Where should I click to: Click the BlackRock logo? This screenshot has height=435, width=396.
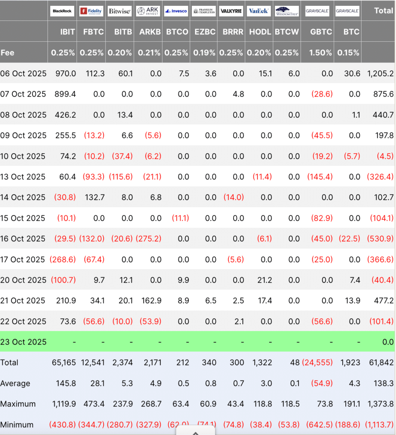click(62, 11)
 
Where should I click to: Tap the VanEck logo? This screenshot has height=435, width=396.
click(259, 11)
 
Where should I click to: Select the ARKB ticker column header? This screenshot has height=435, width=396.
click(150, 32)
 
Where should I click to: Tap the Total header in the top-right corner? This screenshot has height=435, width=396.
click(383, 10)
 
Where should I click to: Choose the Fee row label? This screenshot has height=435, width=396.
click(7, 53)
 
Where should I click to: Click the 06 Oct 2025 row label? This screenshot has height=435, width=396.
click(23, 73)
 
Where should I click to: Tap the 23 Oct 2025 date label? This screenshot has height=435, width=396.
click(23, 342)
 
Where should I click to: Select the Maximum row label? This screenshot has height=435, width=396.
click(18, 404)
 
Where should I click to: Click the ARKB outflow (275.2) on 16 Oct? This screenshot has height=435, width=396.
click(148, 239)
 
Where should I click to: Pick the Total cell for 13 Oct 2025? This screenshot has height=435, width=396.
click(380, 177)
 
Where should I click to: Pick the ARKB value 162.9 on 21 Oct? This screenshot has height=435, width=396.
click(152, 300)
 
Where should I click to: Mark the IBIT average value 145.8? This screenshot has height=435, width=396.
click(66, 384)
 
